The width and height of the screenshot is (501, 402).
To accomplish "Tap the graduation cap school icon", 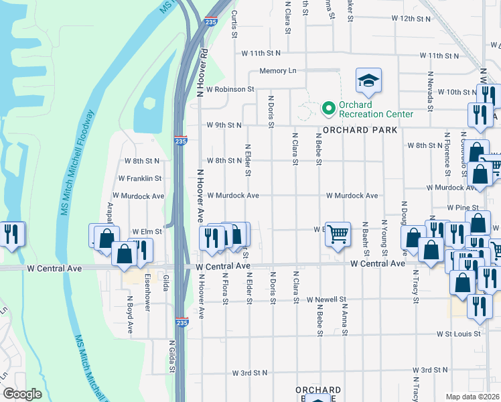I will coord(368,81).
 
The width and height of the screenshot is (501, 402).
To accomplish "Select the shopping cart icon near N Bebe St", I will coord(338,234).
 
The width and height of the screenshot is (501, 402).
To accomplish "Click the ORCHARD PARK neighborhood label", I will coord(355,129).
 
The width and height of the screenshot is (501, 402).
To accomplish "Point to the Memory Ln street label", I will coord(277,71).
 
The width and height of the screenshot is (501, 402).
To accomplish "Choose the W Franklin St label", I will coord(139,179).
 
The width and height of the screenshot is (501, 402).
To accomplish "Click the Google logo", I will coord(22,394).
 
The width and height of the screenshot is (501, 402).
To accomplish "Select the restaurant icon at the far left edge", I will coord(11,234).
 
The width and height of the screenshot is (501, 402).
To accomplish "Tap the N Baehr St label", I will coord(366,239).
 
